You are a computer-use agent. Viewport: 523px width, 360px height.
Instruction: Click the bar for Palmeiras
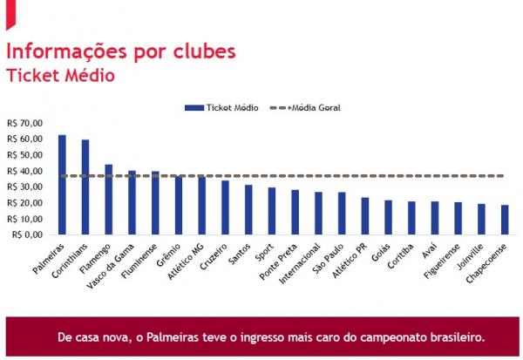[x=62, y=185]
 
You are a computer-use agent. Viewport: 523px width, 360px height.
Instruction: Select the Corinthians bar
[x=85, y=187]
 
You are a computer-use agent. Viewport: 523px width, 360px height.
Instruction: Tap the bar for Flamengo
[x=109, y=199]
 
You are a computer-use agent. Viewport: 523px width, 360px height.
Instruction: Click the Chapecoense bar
[x=505, y=220]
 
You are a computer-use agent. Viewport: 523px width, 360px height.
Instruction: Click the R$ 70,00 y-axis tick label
[x=24, y=123]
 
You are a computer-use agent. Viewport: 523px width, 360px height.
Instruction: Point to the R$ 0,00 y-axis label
[x=25, y=234]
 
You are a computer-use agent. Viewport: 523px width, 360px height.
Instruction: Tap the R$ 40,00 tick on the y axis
[x=24, y=171]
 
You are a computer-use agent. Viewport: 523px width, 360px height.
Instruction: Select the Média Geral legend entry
[x=305, y=107]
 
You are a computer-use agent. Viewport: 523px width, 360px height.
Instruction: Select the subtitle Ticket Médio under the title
[x=60, y=75]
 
